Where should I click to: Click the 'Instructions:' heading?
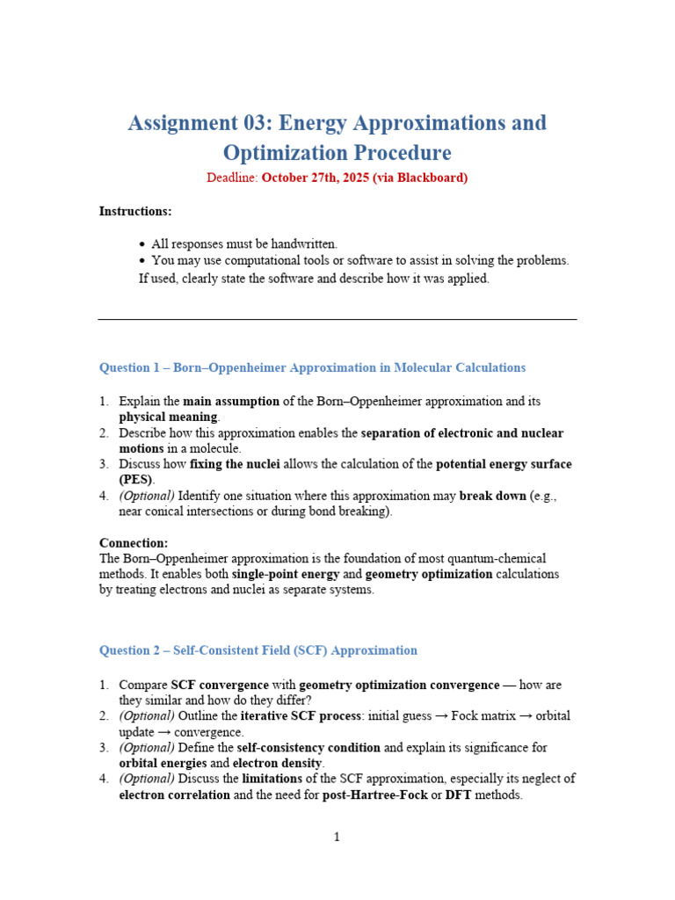(x=135, y=211)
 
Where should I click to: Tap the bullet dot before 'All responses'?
(x=142, y=243)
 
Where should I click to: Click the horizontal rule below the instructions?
(x=337, y=319)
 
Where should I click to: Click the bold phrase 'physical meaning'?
(x=169, y=417)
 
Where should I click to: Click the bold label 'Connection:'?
(x=134, y=543)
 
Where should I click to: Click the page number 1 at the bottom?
(x=337, y=838)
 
